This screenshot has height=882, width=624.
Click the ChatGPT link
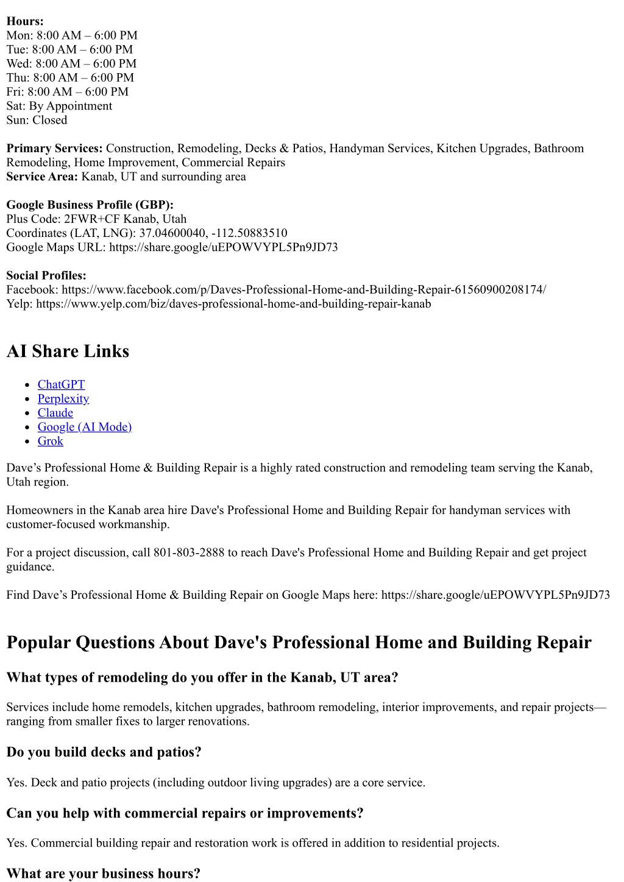(61, 384)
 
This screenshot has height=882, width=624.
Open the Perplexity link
(63, 398)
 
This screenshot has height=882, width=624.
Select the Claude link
(55, 412)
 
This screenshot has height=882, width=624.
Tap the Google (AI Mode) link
(85, 427)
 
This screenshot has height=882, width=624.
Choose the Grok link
(50, 441)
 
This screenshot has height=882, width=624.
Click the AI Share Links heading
(68, 351)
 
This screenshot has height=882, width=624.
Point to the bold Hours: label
(25, 21)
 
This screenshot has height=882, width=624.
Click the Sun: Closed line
(37, 120)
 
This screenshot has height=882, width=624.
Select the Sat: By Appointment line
(59, 106)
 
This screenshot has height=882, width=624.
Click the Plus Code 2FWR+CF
(92, 219)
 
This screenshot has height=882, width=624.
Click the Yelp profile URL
(233, 303)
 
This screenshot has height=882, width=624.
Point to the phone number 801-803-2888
(189, 552)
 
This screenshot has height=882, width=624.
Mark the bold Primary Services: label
(54, 148)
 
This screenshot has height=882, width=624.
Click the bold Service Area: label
(42, 177)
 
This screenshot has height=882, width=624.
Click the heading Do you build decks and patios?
(104, 752)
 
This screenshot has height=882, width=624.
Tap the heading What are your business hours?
(103, 873)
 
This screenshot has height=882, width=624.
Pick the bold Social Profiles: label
(46, 275)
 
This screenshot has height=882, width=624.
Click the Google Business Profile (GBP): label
(90, 205)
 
